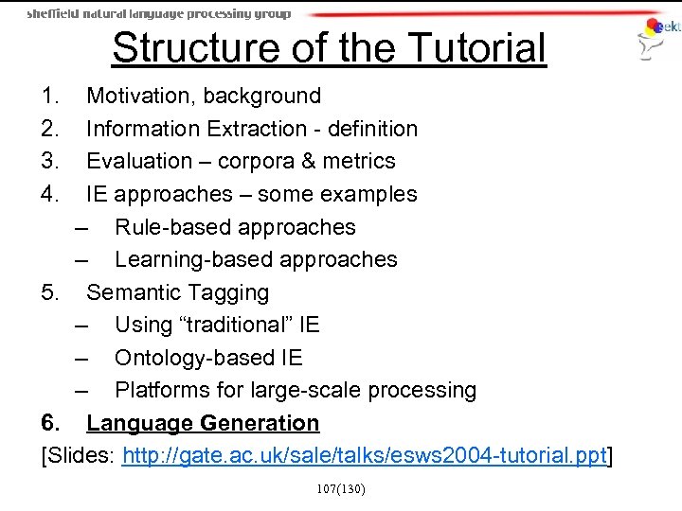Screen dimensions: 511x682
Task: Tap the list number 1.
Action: coord(50,96)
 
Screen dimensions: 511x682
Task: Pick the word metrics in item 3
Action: coord(359,161)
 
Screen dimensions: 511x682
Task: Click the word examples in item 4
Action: coord(370,194)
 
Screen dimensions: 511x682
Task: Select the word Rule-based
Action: coord(171,227)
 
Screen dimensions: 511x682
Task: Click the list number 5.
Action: coord(50,292)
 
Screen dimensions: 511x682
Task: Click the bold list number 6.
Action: coord(50,423)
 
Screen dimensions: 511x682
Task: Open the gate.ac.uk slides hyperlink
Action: coord(364,456)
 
